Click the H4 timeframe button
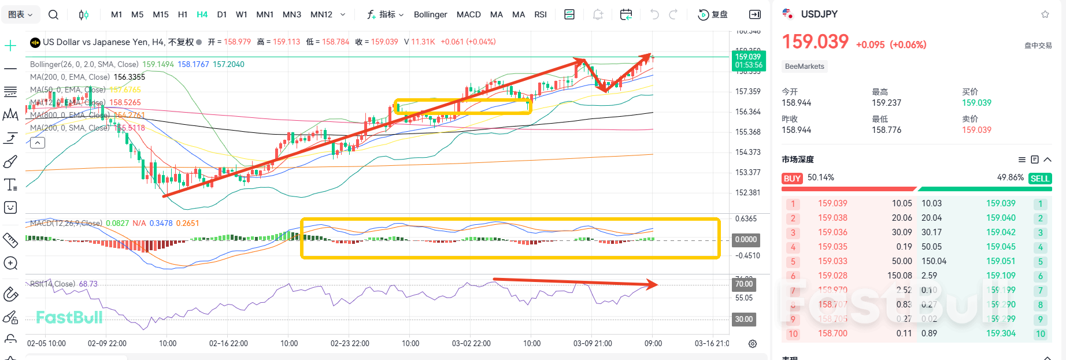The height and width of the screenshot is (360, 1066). click(x=202, y=14)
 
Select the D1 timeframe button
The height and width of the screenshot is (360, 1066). click(x=221, y=14)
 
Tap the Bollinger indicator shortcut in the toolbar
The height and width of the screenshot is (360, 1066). click(x=430, y=14)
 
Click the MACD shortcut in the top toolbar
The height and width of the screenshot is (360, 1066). click(x=468, y=14)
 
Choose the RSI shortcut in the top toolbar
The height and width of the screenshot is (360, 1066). click(x=540, y=14)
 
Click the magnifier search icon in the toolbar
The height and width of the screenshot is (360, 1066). click(x=53, y=14)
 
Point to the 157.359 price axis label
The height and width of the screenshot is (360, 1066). click(x=747, y=91)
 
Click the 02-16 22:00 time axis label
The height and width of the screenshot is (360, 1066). click(x=228, y=343)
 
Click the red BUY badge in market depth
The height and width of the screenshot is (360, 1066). click(x=792, y=179)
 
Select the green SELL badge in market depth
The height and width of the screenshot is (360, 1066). click(x=1039, y=179)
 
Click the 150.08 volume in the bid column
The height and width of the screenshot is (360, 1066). click(x=900, y=276)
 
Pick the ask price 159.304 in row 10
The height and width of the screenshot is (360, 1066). click(x=1001, y=333)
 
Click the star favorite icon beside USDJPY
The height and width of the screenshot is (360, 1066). click(x=1045, y=14)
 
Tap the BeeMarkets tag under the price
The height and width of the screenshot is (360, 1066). click(x=804, y=66)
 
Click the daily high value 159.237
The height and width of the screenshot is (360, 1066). click(x=886, y=103)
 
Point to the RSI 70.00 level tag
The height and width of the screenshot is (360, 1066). click(x=743, y=284)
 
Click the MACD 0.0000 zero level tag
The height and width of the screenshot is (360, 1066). click(x=745, y=239)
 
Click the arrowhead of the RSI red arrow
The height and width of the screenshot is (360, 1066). click(x=653, y=284)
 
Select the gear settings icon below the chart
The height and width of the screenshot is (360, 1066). click(x=753, y=344)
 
